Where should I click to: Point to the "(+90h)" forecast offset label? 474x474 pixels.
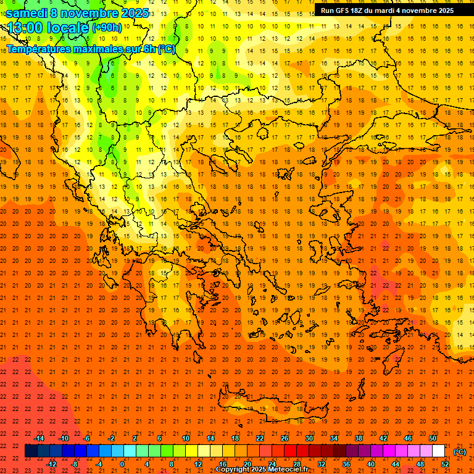[x=107, y=28]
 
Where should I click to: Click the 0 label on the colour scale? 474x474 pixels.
[x=122, y=464]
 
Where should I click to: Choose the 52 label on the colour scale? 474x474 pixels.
[x=445, y=464]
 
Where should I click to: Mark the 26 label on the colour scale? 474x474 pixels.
[x=285, y=438]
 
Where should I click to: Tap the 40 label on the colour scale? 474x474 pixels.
[x=370, y=464]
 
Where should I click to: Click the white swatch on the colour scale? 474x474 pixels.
[x=439, y=451]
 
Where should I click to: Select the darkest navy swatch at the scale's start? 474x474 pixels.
[x=31, y=451]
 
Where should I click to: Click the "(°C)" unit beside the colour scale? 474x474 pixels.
[x=460, y=452]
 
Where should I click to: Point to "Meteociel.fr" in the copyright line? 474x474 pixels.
[x=293, y=470]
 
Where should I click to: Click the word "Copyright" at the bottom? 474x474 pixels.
[x=233, y=470]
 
